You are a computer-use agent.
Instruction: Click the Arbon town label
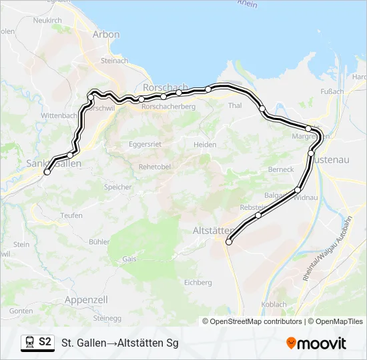click(x=106, y=35)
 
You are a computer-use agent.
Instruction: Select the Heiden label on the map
click(x=205, y=145)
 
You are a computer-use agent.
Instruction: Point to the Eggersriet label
click(x=145, y=143)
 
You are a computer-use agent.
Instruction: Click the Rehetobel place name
click(x=155, y=167)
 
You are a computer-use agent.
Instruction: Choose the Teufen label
click(x=71, y=215)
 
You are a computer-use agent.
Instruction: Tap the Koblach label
click(x=274, y=305)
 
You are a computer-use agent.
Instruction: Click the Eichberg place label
click(x=198, y=283)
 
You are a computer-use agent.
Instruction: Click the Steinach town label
click(x=114, y=61)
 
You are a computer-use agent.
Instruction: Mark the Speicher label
click(x=117, y=187)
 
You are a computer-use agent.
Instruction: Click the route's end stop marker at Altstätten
click(x=229, y=242)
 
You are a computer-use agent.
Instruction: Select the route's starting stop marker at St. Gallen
click(x=47, y=172)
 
